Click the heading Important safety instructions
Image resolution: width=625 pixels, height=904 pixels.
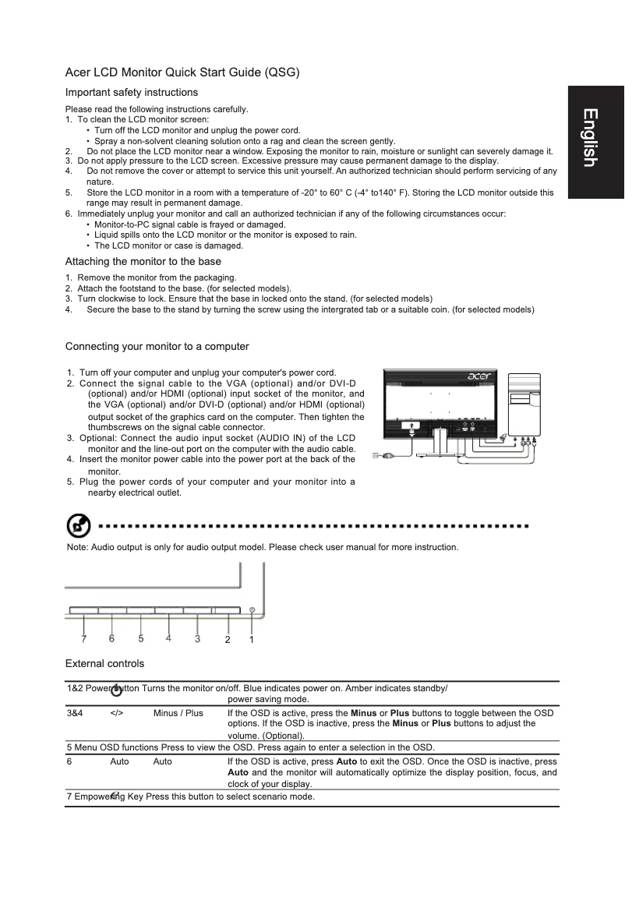131,93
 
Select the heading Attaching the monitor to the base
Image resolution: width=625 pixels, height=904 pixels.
143,261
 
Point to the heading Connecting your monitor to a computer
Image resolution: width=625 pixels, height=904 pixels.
157,346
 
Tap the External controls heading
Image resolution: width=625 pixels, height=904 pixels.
104,664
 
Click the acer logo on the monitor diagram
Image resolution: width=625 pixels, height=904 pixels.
482,377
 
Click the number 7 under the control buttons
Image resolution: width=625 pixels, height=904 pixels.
83,638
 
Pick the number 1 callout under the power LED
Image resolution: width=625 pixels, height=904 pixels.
252,639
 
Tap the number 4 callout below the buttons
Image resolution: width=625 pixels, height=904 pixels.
168,638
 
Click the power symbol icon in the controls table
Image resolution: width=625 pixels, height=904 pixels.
116,690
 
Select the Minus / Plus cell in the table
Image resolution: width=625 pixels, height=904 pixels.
178,713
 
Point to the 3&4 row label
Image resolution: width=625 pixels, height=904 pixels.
76,713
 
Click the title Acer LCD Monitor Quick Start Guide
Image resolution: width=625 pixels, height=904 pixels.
182,72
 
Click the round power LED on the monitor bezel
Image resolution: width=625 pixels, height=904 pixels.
252,610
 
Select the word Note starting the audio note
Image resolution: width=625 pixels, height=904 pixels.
77,548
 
